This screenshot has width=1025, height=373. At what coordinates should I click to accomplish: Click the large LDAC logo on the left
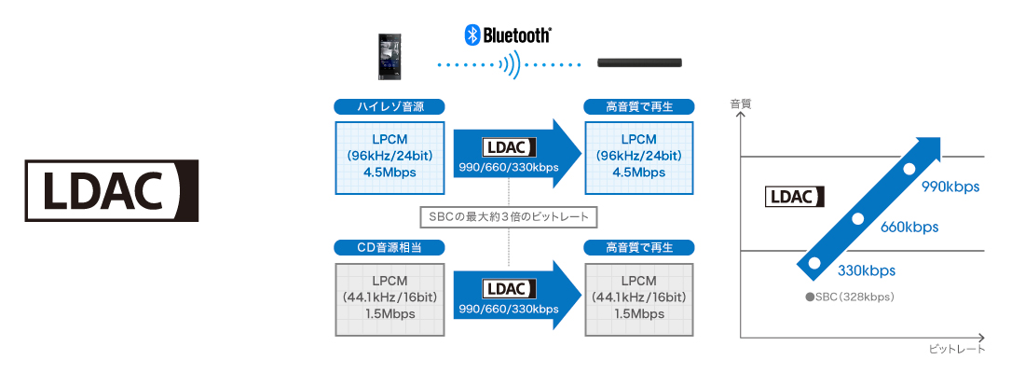(x=112, y=190)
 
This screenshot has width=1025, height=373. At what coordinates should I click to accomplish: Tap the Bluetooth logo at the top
(x=507, y=35)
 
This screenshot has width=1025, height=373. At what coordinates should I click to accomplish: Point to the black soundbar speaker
(x=640, y=62)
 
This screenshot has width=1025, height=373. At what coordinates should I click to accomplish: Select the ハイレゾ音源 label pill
(x=389, y=106)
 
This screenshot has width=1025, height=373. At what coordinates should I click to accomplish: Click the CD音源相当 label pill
(x=389, y=247)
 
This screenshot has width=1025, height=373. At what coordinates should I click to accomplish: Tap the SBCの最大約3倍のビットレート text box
(x=509, y=216)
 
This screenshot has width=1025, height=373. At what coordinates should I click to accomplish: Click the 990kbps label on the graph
(x=950, y=187)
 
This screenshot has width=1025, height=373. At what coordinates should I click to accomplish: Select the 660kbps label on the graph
(x=909, y=228)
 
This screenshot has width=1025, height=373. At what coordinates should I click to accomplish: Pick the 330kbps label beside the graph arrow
(x=867, y=270)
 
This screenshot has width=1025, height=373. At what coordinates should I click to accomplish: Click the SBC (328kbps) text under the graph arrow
(x=850, y=297)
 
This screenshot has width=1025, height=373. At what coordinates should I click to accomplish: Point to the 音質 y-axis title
(x=740, y=104)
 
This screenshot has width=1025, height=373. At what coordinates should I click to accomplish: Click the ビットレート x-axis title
(x=957, y=350)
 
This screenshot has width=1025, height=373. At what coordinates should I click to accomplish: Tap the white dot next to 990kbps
(x=908, y=169)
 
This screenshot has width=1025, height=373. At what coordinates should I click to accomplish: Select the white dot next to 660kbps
(x=858, y=218)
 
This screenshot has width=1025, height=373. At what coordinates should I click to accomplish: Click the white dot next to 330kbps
(x=813, y=263)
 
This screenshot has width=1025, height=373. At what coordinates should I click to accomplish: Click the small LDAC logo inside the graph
(x=795, y=197)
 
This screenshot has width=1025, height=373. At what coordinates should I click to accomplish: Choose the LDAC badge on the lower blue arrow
(x=509, y=288)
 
